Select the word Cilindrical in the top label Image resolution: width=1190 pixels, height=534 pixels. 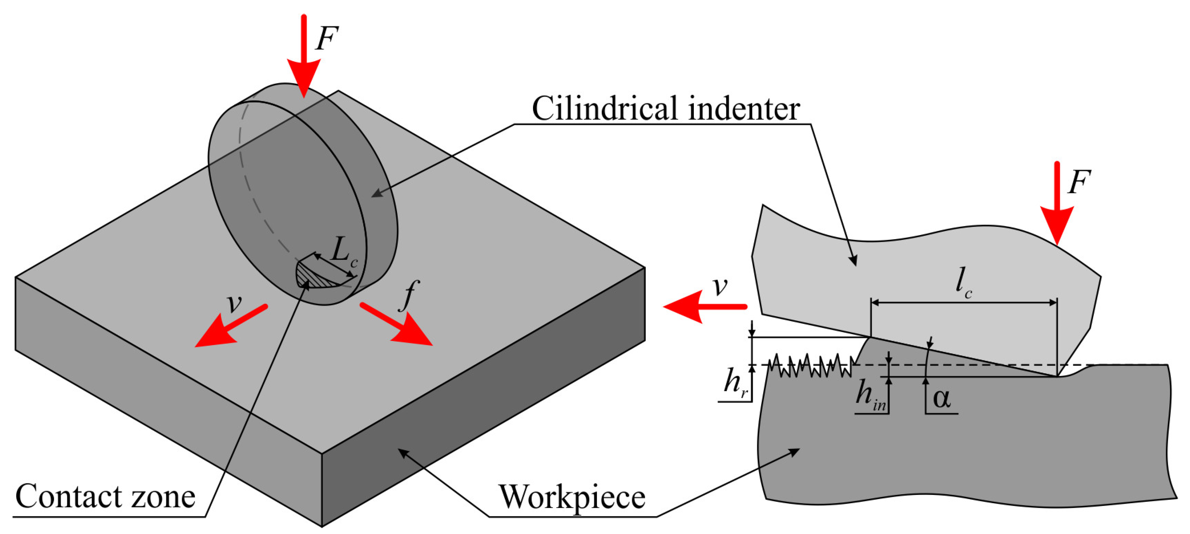click(x=605, y=109)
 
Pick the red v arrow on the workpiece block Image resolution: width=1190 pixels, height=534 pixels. click(x=231, y=326)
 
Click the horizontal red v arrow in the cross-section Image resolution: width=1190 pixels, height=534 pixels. click(x=704, y=307)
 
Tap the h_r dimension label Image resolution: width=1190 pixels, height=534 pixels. click(x=735, y=383)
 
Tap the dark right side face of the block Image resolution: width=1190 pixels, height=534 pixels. click(x=485, y=416)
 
